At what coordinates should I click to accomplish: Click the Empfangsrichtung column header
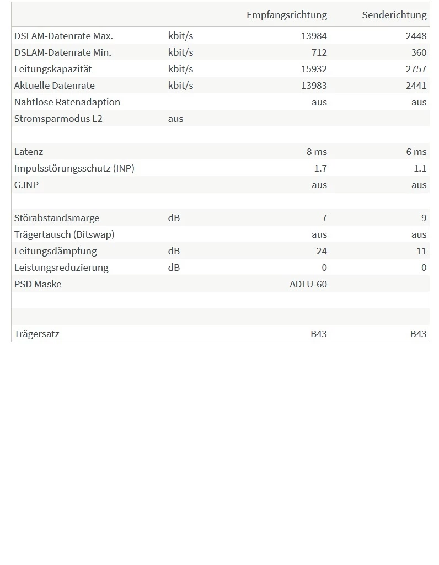point(286,15)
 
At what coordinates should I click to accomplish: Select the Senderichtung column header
point(394,15)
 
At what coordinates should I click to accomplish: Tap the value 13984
point(314,36)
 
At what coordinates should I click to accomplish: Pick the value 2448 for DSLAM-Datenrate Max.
point(416,36)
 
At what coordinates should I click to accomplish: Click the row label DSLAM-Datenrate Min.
point(62,52)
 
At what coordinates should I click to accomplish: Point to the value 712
point(319,52)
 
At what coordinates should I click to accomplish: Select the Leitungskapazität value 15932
point(314,69)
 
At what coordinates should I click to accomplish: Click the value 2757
point(416,69)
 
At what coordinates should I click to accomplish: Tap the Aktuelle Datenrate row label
point(54,86)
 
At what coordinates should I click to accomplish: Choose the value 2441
point(416,86)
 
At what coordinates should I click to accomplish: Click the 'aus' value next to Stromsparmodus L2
point(175,119)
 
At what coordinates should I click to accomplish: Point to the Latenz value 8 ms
point(317,152)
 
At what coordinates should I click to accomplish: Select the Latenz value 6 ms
point(416,152)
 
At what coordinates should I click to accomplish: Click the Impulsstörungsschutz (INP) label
point(74,168)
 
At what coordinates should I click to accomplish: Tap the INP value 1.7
point(320,168)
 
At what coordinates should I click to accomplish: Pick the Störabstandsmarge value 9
point(424,218)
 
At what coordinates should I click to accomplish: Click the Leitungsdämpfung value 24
point(322,251)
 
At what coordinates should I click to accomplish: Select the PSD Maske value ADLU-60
point(308,284)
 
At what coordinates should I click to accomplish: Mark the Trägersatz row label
point(36,334)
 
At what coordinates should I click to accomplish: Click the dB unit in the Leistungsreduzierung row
point(174,268)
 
